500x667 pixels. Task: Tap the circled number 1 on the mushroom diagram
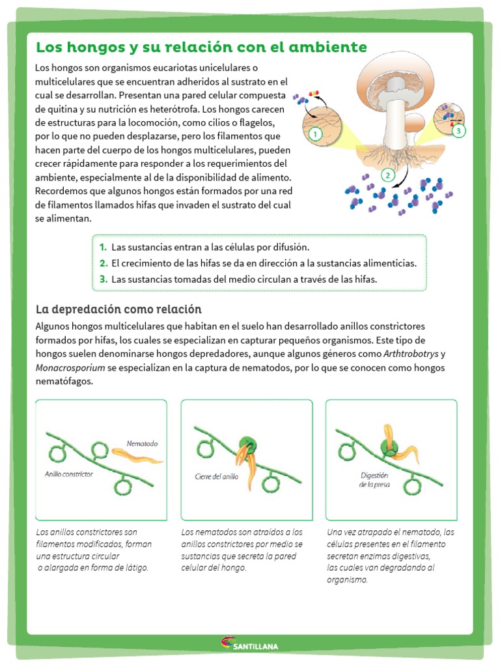coord(315,135)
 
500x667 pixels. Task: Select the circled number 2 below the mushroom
coord(388,175)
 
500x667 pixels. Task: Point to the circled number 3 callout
coord(458,131)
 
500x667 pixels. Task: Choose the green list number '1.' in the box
coord(104,248)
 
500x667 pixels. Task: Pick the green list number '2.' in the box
coord(104,263)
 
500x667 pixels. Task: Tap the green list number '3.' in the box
coord(104,279)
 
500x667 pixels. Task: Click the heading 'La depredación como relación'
coord(118,309)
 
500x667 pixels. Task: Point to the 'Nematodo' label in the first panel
coord(142,443)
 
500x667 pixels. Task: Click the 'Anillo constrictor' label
coord(69,474)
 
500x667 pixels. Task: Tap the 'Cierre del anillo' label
coord(217,476)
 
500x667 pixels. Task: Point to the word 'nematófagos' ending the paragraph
coord(64,382)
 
